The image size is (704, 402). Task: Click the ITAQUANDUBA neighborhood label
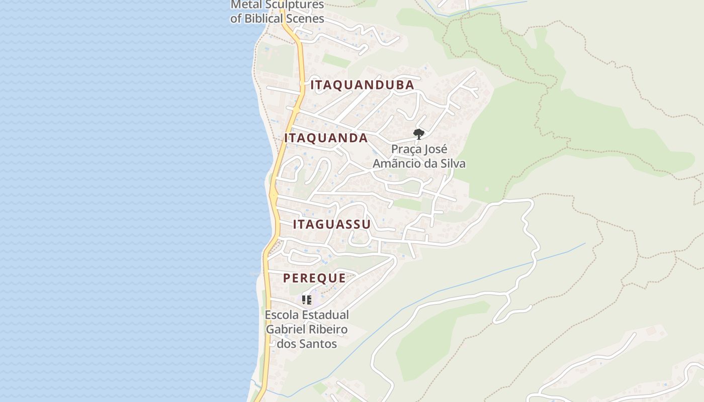tap(362, 85)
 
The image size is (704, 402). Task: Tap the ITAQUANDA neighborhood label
tap(326, 138)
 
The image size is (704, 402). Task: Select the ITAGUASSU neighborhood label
tap(331, 224)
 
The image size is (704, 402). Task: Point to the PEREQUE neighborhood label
tap(314, 278)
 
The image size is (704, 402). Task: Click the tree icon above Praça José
tap(418, 134)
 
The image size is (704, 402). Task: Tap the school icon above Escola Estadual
tap(307, 300)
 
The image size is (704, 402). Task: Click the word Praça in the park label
tap(406, 150)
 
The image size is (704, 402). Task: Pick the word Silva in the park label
tap(452, 164)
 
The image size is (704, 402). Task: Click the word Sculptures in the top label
tap(293, 5)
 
